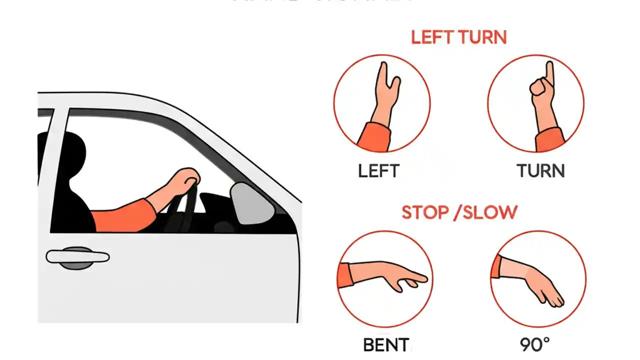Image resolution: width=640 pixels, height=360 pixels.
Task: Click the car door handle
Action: point(77,257)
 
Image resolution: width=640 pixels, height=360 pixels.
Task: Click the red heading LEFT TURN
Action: point(458,37)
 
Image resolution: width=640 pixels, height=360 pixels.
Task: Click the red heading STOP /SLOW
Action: point(459,212)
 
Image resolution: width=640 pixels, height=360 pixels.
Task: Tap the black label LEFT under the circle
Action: point(379,171)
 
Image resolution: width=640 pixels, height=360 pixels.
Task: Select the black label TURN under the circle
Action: point(540,171)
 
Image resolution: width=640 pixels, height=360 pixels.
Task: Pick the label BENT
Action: point(386,345)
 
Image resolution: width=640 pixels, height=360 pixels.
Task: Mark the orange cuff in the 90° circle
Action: point(496,266)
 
